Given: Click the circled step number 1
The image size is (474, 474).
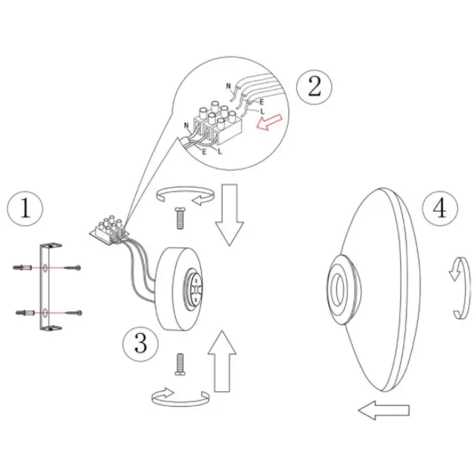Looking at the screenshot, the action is tap(25, 209).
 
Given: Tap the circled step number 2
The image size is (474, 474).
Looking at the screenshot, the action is tap(314, 87).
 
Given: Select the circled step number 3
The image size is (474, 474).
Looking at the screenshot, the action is tap(141, 344).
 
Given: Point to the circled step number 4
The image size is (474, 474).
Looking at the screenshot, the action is tap(440, 208).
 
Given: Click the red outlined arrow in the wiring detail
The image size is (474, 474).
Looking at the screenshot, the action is tap(269, 122).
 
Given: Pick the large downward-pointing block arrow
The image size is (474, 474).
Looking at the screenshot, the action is tap(230, 215).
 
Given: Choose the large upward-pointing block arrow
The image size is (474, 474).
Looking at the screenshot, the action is tap(222, 361).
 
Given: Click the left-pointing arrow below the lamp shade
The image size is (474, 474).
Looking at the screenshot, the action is tap(384, 410).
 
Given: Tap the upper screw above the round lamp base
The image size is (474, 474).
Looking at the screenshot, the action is tap(179, 218).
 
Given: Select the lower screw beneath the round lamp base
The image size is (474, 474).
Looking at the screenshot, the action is tap(179, 364).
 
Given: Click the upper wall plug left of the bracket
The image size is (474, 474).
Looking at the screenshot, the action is tap(22, 267).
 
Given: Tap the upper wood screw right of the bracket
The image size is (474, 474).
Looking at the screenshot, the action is tap(72, 267).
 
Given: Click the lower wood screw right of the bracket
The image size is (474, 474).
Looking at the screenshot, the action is tap(74, 313).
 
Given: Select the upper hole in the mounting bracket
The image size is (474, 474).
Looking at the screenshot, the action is tap(45, 267).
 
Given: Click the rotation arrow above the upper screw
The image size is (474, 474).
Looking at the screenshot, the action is tap(186, 196).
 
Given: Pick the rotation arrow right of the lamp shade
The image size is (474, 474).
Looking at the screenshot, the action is tap(460, 288).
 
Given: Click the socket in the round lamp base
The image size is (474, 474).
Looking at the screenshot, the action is tap(194, 290).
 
